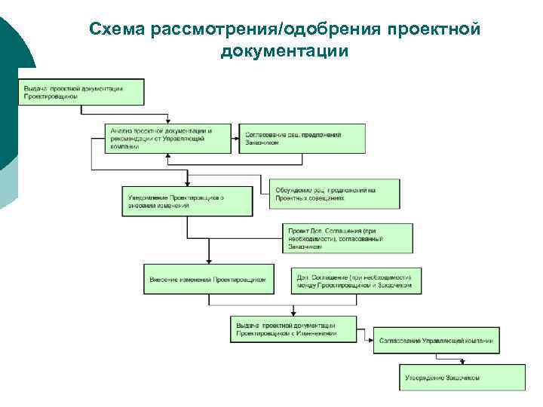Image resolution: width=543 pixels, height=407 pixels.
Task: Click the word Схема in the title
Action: click(x=118, y=29)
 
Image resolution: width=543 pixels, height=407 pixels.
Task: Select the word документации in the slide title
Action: click(x=284, y=51)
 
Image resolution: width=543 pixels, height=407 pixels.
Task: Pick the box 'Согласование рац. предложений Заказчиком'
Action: click(x=302, y=138)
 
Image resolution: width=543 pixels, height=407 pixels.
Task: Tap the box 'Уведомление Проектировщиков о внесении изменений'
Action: click(x=185, y=201)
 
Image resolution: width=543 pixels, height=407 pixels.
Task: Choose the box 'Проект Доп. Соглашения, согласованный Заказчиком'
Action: click(x=347, y=237)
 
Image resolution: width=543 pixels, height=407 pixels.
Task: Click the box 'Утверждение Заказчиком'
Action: click(x=462, y=377)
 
